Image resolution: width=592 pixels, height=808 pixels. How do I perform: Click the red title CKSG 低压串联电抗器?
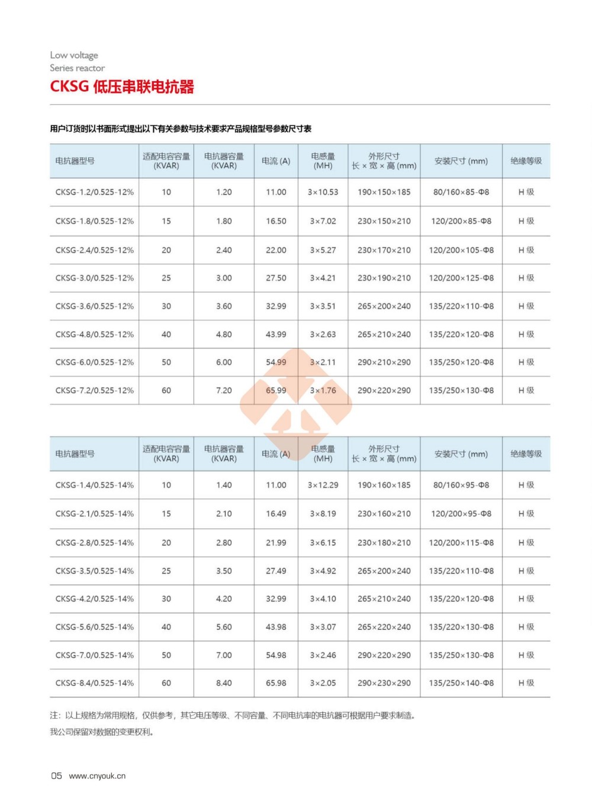click(x=122, y=87)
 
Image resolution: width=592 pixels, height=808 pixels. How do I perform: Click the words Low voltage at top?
click(x=74, y=55)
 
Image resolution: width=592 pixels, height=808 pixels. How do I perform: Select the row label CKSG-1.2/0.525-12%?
click(x=95, y=192)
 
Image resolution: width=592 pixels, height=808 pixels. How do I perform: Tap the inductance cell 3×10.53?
click(x=323, y=192)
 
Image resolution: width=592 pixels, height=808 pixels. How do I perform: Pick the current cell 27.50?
click(x=276, y=278)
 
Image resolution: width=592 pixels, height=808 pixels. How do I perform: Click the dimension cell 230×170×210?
click(x=384, y=250)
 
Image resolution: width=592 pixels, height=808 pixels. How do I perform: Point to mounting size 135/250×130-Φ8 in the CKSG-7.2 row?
click(x=461, y=390)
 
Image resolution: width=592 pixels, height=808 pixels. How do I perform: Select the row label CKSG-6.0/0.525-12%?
click(x=95, y=362)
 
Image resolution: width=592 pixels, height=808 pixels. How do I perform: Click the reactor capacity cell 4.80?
click(x=224, y=334)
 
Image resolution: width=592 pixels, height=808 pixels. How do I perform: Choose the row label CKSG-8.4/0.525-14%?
click(x=95, y=683)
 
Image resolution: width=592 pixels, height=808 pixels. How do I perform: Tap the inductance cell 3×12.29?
click(x=323, y=485)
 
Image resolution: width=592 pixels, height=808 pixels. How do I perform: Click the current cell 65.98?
click(x=276, y=683)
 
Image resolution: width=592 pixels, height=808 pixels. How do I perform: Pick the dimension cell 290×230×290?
click(x=384, y=683)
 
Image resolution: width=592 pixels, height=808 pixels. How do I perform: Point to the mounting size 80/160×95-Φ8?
click(x=461, y=485)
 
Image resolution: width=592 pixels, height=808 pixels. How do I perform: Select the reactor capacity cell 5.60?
click(x=224, y=627)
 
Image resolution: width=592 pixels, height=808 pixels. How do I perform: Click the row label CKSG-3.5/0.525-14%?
click(x=95, y=571)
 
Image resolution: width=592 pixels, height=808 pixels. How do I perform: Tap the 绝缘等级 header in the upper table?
click(x=526, y=161)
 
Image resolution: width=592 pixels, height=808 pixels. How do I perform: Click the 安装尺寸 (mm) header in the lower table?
click(x=461, y=454)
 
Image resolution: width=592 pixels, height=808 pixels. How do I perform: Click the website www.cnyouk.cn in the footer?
click(x=97, y=776)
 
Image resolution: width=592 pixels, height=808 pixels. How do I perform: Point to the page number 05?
click(x=56, y=776)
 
